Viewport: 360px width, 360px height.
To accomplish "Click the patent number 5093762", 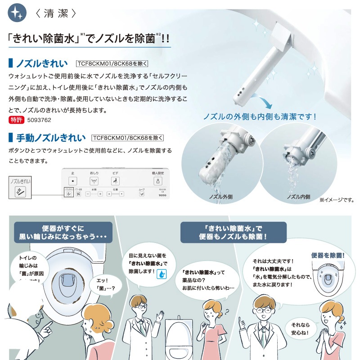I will [40, 120].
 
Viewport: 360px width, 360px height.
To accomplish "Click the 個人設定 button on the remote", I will [158, 180].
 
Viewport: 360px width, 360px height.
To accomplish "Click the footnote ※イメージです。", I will [337, 199].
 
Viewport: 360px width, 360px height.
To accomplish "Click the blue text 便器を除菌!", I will [328, 255].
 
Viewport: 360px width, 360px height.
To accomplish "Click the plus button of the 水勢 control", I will [100, 194].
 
